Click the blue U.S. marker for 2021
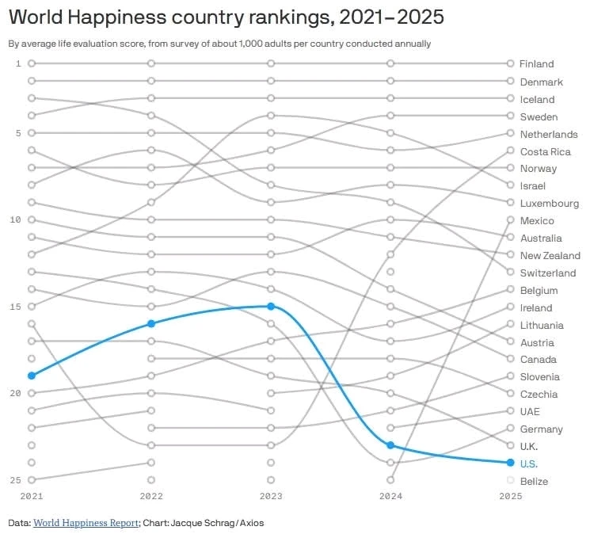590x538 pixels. point(32,376)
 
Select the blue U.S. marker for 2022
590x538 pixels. point(151,324)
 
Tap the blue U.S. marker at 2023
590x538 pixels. point(271,307)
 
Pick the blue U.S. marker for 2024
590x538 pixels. point(390,445)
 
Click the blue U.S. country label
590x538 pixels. point(529,464)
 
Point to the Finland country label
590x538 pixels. point(537,64)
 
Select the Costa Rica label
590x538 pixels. point(545,151)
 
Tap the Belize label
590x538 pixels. point(534,481)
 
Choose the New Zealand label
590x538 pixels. point(550,256)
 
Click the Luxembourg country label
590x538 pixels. point(550,204)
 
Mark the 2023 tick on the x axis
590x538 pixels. point(271,496)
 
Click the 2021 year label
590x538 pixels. point(32,496)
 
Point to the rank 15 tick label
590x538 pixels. point(15,307)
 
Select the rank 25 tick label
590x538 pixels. point(15,480)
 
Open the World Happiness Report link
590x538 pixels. point(86,523)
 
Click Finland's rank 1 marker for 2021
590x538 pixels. point(32,63)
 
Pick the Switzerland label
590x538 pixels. point(548,273)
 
